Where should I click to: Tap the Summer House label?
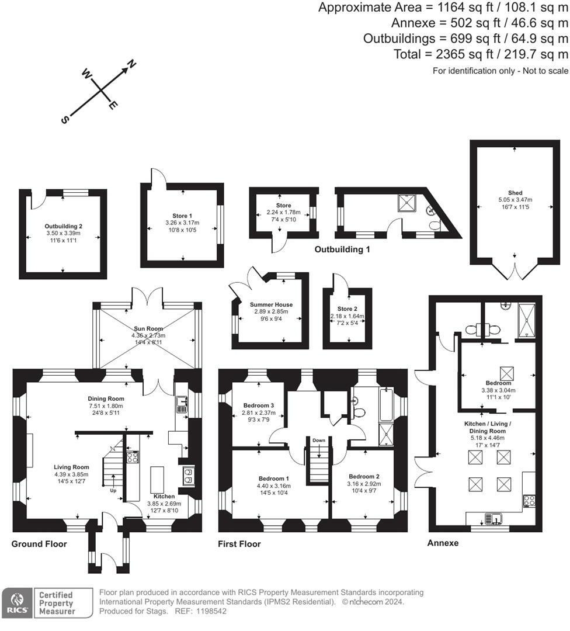click(x=271, y=304)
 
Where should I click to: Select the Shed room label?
click(x=515, y=193)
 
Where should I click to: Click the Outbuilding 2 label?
click(x=64, y=226)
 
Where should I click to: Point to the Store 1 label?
click(x=182, y=216)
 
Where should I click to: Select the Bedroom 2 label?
click(x=364, y=476)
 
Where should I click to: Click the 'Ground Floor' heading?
click(x=39, y=544)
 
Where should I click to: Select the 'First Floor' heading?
click(x=239, y=544)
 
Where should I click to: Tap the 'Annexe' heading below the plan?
click(x=443, y=543)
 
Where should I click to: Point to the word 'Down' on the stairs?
click(x=318, y=441)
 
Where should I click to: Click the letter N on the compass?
click(x=132, y=65)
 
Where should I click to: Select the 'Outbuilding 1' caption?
click(x=342, y=249)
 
